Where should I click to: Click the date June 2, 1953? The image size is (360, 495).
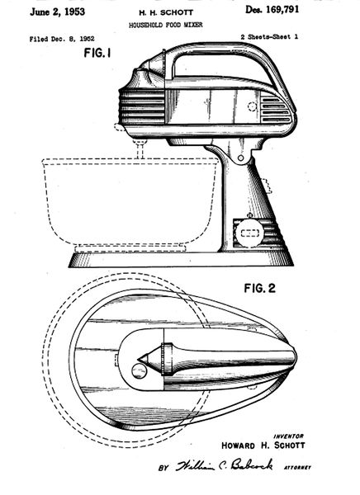[x=57, y=12]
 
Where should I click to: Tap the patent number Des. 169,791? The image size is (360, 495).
[x=272, y=10]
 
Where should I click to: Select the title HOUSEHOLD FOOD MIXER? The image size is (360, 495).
[x=166, y=25]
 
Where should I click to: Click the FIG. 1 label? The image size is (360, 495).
[x=97, y=53]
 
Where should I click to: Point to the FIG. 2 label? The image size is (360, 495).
[x=259, y=288]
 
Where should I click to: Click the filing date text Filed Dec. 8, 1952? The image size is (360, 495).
[x=62, y=39]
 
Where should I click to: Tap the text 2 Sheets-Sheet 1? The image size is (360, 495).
[x=269, y=37]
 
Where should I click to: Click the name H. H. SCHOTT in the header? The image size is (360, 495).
[x=166, y=13]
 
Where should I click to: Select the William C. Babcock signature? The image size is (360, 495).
[x=225, y=465]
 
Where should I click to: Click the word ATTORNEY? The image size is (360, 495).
[x=297, y=468]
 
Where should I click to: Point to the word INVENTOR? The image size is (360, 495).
[x=288, y=436]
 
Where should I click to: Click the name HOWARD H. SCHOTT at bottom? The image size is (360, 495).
[x=263, y=445]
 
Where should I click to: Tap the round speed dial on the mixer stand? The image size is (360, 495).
[x=249, y=233]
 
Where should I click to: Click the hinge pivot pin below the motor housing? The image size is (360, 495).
[x=241, y=158]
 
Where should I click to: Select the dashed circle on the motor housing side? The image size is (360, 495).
[x=252, y=106]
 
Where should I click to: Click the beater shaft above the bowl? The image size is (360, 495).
[x=140, y=150]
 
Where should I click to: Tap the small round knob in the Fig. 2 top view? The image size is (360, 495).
[x=140, y=370]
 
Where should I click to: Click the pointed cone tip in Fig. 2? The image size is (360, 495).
[x=139, y=359]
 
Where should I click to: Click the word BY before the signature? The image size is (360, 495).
[x=163, y=468]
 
